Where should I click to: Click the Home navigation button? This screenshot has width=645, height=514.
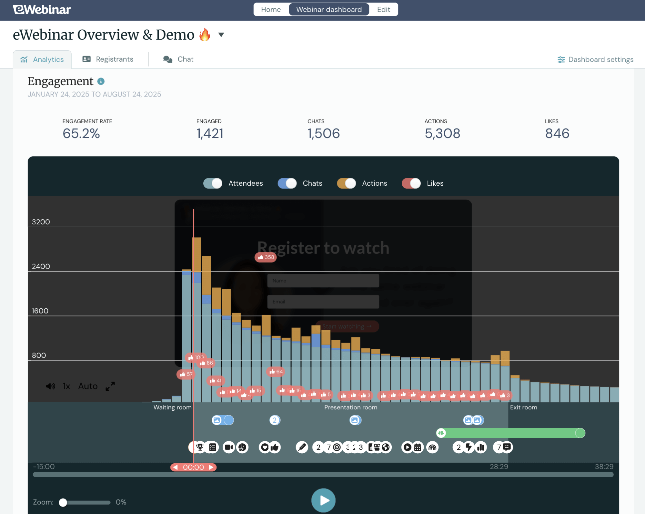[271, 10]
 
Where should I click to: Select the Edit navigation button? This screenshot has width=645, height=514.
[383, 10]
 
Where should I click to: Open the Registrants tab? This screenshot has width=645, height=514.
[108, 59]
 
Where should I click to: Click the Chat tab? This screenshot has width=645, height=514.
[178, 59]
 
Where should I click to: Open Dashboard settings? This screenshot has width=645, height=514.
[595, 60]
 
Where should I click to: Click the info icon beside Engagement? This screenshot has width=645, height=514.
[101, 81]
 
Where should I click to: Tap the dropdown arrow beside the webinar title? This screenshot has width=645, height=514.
[221, 35]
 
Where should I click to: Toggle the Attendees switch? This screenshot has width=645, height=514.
[213, 183]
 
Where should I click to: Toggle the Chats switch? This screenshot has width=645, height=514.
[287, 183]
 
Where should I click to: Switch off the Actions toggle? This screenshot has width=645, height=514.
[346, 183]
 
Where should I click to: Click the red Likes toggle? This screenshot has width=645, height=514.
[411, 183]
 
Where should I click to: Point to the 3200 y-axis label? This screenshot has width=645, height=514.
[41, 222]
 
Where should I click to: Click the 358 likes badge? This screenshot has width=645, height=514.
[266, 257]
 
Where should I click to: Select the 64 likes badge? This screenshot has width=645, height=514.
[276, 372]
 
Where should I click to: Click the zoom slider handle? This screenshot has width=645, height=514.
[63, 502]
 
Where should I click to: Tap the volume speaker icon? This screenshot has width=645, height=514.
[50, 386]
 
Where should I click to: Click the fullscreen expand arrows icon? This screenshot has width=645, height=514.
[110, 386]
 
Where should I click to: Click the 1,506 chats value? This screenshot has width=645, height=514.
[324, 134]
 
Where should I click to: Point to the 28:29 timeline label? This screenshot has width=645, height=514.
[499, 467]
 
